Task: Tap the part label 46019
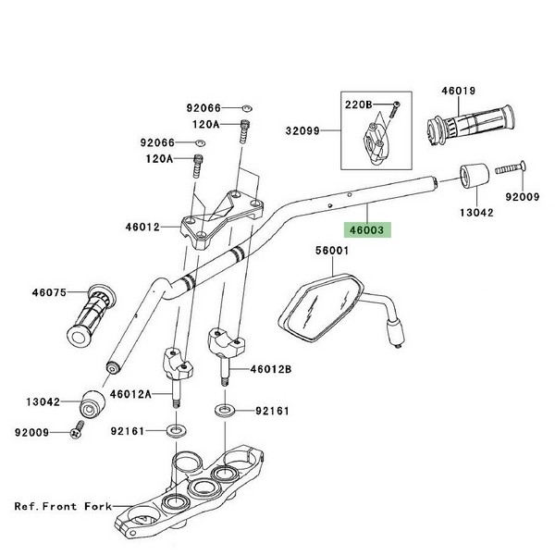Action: coord(458,92)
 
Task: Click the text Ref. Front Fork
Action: coord(62,507)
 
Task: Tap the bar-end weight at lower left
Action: coord(93,404)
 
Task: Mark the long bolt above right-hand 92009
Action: coord(510,168)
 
